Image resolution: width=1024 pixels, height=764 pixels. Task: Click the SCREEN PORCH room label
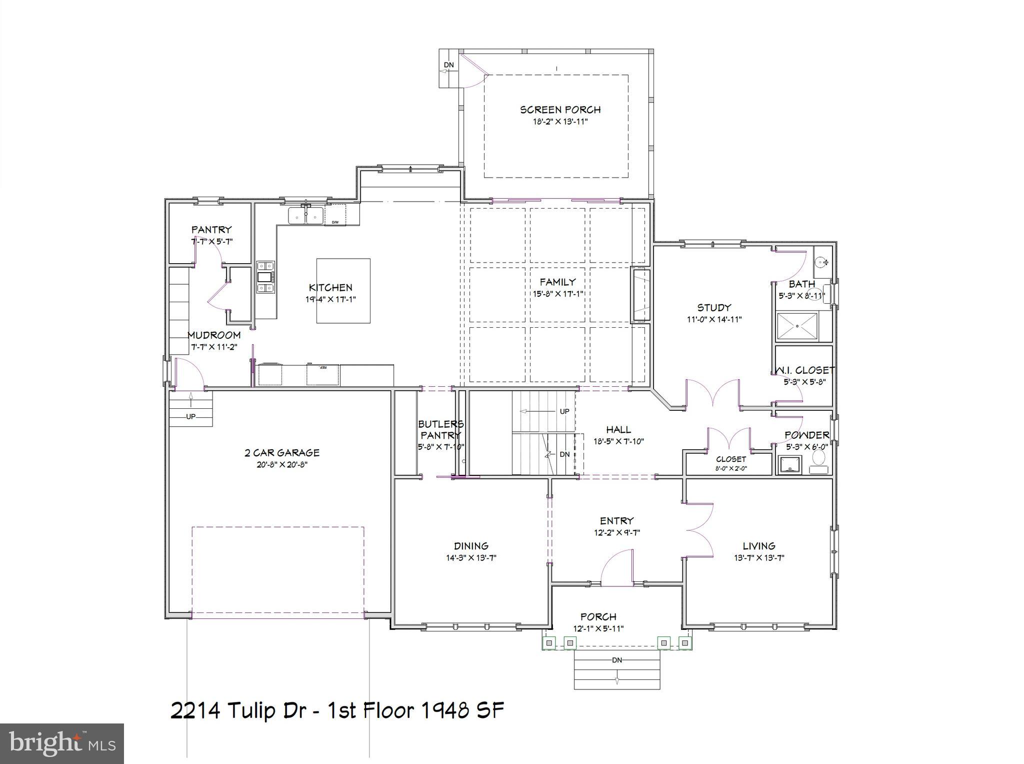(560, 110)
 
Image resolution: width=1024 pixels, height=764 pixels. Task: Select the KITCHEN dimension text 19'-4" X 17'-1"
(330, 300)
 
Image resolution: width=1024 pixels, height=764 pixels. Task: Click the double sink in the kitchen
(305, 216)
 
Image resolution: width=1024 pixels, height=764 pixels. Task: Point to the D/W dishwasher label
(335, 222)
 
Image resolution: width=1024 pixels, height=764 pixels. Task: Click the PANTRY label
(211, 230)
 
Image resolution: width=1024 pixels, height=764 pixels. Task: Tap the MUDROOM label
(214, 335)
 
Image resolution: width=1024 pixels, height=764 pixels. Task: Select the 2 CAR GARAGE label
(282, 453)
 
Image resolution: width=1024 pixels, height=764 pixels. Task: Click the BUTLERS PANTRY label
(440, 430)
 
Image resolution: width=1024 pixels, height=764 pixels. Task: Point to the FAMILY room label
(557, 282)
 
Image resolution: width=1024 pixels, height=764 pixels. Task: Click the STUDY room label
(714, 308)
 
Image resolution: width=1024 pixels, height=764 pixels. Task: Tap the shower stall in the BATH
(797, 326)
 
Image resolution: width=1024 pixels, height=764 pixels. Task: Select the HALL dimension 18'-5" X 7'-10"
(618, 441)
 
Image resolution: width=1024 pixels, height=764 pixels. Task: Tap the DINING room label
(471, 546)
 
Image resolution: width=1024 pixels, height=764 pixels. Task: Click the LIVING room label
(758, 546)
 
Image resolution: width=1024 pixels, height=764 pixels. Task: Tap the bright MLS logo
(62, 743)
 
